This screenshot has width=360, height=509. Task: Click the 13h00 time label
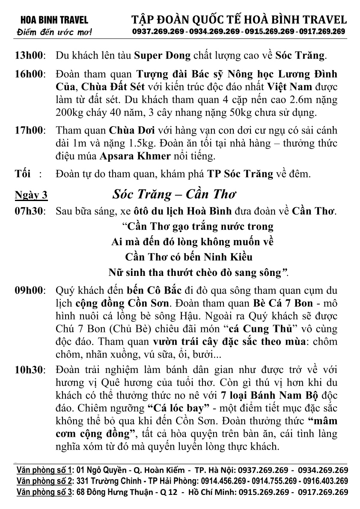coord(31,56)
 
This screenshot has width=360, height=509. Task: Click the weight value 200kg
coord(71,113)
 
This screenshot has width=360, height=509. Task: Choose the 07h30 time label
coord(31,211)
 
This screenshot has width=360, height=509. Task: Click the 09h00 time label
coord(31,290)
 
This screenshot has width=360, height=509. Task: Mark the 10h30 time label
coord(31,370)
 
